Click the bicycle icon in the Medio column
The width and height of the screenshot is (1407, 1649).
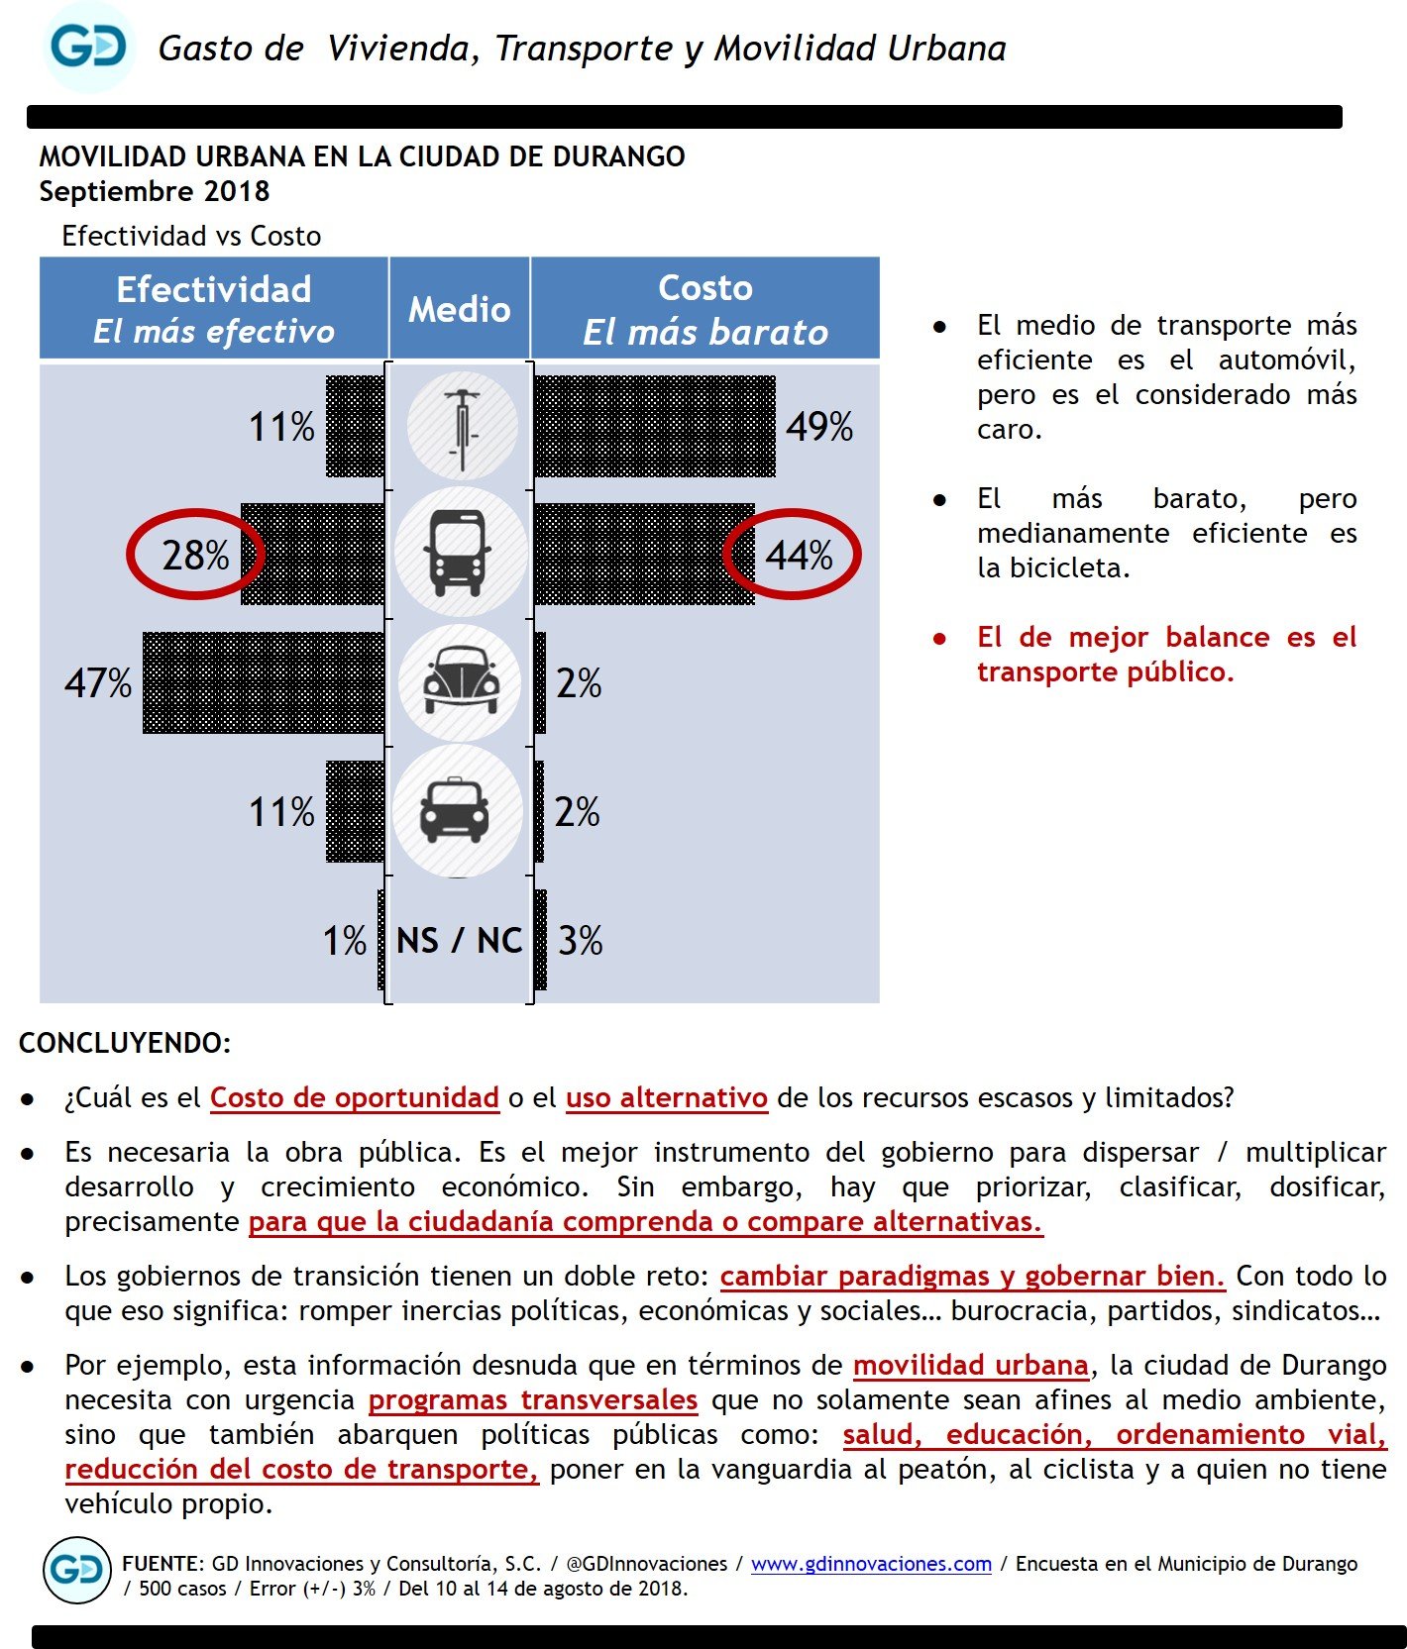coord(462,427)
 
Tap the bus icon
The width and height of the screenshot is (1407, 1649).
coord(458,553)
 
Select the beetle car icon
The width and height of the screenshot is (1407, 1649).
coord(460,681)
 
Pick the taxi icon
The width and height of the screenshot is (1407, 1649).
coord(456,810)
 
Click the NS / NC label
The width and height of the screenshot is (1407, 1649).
coord(459,940)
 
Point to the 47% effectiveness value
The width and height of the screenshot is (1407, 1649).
coord(98,683)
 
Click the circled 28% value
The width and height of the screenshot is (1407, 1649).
coord(195,555)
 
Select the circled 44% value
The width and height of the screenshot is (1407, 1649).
coord(799,555)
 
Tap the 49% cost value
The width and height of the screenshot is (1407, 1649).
coord(819,427)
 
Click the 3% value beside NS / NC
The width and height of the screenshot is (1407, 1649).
coord(580,940)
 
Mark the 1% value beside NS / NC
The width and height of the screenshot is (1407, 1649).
coord(345,940)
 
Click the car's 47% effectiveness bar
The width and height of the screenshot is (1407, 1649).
coord(264,682)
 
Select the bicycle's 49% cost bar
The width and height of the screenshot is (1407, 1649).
coord(654,427)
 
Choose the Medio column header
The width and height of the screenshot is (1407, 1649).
coord(460,309)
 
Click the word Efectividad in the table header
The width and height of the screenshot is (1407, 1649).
coord(214,289)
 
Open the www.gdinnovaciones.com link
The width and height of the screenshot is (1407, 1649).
coord(871,1563)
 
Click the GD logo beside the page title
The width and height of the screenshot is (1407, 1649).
coord(89,48)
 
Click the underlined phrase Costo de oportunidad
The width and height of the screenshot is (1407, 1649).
coord(354,1097)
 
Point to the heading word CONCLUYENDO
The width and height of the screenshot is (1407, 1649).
coord(125,1043)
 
